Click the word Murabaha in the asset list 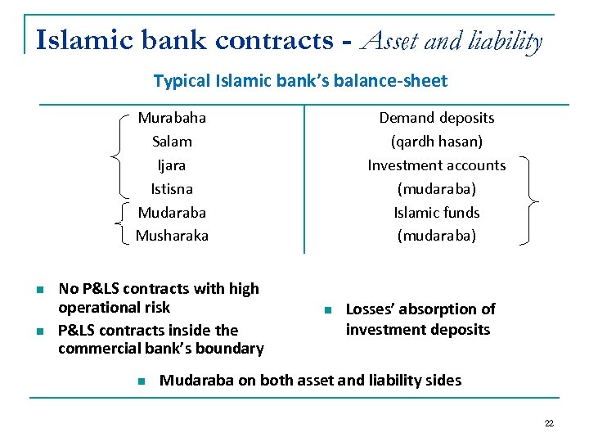(x=172, y=118)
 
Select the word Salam (x=172, y=142)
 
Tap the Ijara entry (x=172, y=165)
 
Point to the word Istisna (x=172, y=189)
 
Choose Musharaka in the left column (x=172, y=236)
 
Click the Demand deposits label (x=436, y=118)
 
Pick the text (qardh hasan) (x=436, y=142)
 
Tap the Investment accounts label (x=436, y=165)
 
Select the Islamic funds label (x=436, y=213)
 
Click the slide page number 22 (x=548, y=423)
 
